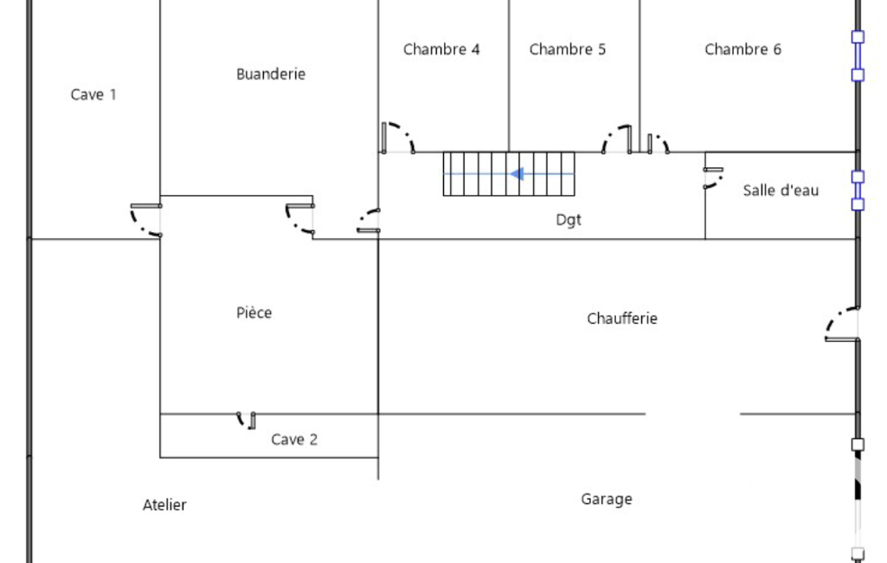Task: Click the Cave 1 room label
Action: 93,94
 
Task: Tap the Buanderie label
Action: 271,74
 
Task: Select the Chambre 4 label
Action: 441,49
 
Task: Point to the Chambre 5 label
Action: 568,49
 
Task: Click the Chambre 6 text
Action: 742,49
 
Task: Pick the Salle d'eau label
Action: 781,191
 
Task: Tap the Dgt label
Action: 569,220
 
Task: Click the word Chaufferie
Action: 622,319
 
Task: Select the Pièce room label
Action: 254,313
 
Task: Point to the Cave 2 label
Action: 294,440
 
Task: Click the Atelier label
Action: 164,505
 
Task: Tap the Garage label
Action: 607,499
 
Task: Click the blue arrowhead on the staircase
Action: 517,174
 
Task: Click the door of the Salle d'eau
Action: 714,177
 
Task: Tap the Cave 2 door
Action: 247,420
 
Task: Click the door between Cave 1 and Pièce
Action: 145,219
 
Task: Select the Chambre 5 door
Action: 618,139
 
